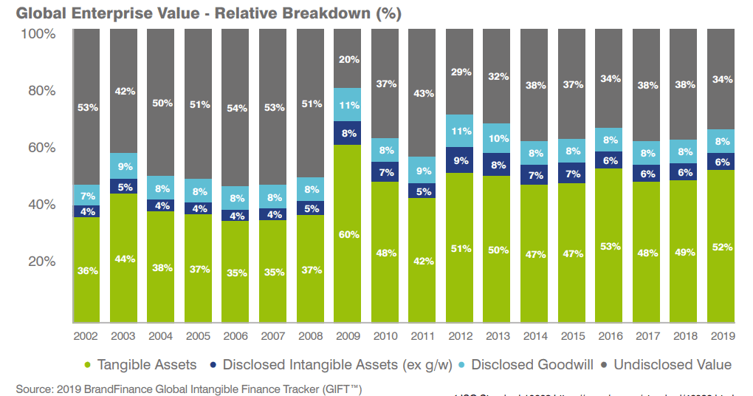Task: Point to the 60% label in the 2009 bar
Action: [x=348, y=235]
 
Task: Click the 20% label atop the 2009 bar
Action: [x=348, y=60]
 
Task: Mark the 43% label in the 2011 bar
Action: [x=422, y=94]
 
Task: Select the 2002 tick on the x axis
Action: [x=86, y=336]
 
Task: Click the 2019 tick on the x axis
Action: [x=721, y=336]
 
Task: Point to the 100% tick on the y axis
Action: [x=38, y=34]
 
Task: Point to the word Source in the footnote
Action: [x=34, y=388]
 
